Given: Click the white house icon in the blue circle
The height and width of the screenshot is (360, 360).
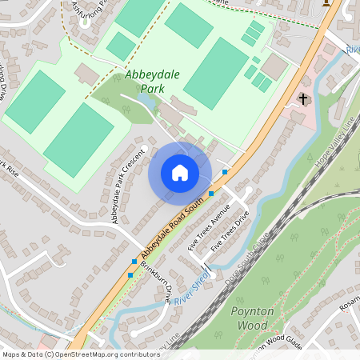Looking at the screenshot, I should [x=180, y=173].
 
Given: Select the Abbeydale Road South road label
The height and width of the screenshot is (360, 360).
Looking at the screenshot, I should [x=170, y=230].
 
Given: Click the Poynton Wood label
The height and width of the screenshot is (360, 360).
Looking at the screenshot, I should [x=252, y=318].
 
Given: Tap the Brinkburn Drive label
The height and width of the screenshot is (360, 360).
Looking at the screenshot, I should [x=157, y=282].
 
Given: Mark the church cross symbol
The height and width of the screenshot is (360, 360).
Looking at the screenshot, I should [x=302, y=99].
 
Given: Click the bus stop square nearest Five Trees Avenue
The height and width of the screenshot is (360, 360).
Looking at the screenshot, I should [x=211, y=194].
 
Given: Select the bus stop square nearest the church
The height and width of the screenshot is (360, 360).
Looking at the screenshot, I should [x=226, y=172].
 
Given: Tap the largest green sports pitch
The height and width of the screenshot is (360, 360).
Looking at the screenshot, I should [x=215, y=73].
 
